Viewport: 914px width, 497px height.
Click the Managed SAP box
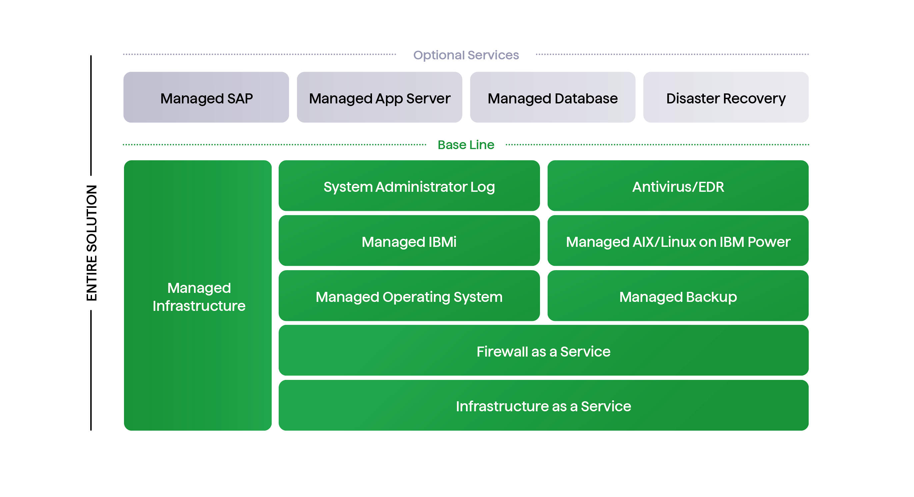pos(206,98)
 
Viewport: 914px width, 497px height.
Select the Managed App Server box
pos(379,98)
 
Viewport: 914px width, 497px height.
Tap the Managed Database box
pos(552,98)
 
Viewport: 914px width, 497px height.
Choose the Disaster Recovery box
pos(726,98)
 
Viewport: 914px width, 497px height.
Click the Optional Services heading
pos(466,55)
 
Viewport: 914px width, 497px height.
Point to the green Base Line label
pos(466,145)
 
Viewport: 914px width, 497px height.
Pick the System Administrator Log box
pos(409,186)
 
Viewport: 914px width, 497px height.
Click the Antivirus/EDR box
pos(678,186)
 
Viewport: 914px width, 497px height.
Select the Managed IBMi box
pos(409,241)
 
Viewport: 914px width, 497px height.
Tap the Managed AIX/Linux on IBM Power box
pos(678,241)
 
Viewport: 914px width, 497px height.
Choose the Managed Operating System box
pos(409,296)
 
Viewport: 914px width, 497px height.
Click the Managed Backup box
pos(678,296)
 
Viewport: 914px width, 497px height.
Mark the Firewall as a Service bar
pos(543,351)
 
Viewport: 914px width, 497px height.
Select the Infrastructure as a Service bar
pos(543,406)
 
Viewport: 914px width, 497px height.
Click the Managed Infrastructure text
pos(199,297)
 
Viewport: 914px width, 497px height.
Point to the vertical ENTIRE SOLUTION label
pos(92,243)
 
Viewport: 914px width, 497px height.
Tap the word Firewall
pos(502,352)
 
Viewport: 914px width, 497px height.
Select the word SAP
pos(240,98)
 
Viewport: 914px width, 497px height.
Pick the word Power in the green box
pos(769,242)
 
